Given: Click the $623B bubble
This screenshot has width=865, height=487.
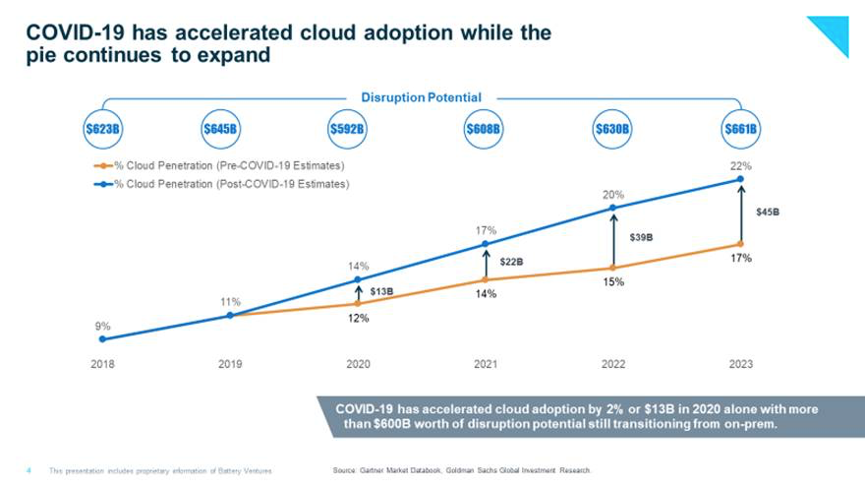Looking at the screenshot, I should tap(102, 129).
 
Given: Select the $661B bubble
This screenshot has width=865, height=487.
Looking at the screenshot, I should tap(741, 129).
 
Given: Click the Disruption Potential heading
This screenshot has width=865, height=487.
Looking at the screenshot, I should tap(422, 97).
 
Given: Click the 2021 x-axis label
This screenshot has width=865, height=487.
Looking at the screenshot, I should tap(486, 363).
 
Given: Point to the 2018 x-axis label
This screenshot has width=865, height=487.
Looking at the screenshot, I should tap(102, 363).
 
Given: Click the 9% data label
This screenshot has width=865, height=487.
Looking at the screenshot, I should tap(102, 326).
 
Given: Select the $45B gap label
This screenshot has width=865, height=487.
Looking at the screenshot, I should tap(768, 212).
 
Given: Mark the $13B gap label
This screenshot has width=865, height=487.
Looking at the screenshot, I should tap(381, 291).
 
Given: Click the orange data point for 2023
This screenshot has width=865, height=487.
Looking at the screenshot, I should tap(741, 244).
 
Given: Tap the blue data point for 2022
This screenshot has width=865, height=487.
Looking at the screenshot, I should tap(613, 208).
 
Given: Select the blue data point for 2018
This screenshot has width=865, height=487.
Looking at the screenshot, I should tap(102, 338).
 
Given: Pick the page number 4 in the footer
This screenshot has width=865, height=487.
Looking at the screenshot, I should tap(29, 470).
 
